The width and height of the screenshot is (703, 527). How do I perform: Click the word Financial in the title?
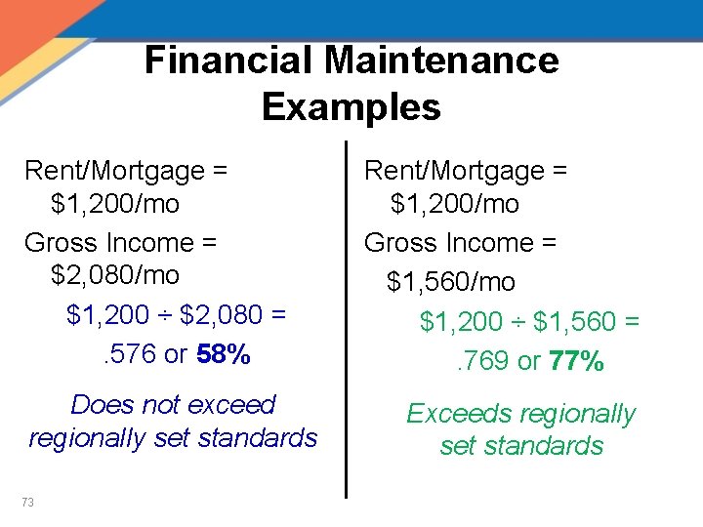pos(229,61)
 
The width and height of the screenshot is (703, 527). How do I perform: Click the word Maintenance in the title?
pos(442,61)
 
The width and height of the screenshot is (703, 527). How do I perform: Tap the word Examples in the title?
pos(351,106)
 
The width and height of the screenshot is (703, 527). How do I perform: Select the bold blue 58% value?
pos(224,354)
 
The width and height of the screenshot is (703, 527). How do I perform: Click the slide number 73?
pos(27,502)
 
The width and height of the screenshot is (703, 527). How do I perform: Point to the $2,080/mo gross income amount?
pos(115,275)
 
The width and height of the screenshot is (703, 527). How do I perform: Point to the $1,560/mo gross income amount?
pos(451,282)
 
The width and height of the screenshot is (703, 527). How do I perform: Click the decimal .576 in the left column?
pos(130,354)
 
